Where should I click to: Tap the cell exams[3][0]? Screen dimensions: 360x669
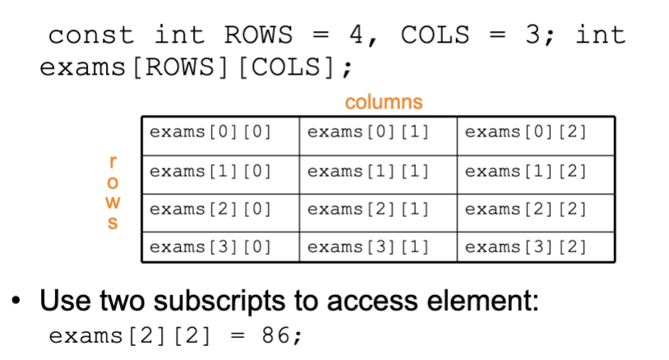coord(220,247)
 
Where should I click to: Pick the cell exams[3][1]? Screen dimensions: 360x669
coord(378,247)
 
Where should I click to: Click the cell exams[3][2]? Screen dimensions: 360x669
coord(536,247)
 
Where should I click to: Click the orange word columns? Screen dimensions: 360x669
coord(383,102)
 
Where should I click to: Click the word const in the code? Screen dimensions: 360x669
coord(90,35)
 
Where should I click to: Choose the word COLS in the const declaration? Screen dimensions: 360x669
coord(436,35)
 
